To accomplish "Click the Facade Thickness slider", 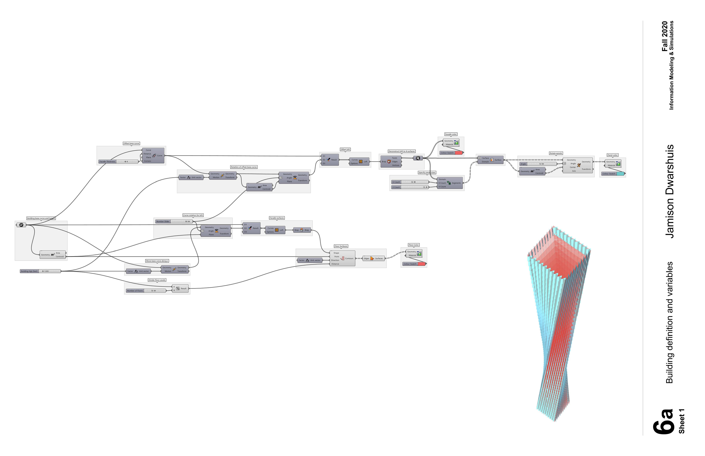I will coord(118,162).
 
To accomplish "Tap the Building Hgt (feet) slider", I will coord(41,271).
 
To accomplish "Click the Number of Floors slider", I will coord(146,291).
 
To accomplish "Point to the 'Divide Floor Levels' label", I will coord(157,280).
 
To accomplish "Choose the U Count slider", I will coord(410,182).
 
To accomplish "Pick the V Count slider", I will coord(410,187).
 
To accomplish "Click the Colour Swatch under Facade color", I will coord(451,153).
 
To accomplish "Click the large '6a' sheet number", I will coord(664,422).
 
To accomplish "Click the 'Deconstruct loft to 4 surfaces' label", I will coord(402,151).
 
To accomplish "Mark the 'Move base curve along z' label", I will coord(157,261).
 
